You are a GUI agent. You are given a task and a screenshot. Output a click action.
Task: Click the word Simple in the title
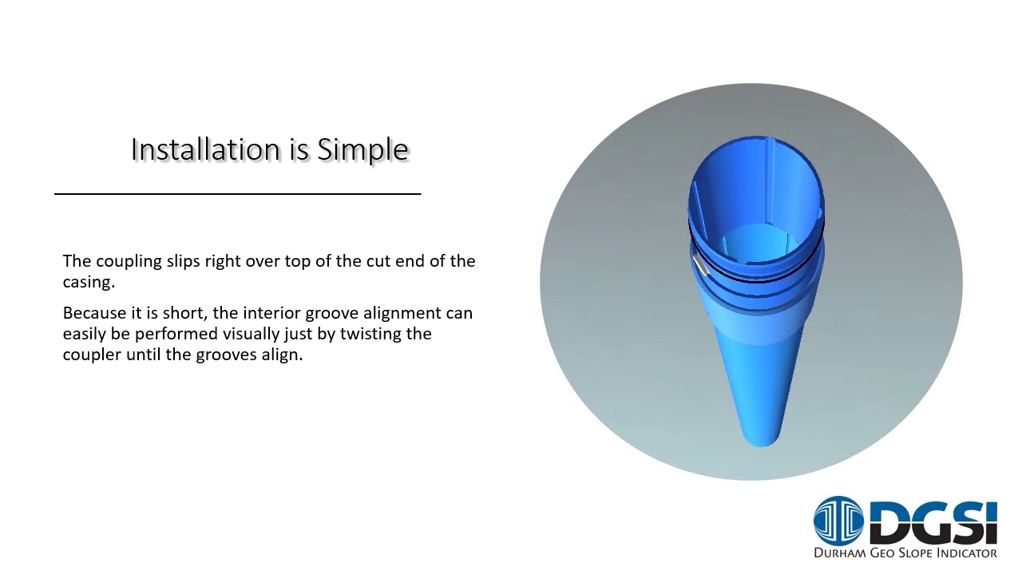363,149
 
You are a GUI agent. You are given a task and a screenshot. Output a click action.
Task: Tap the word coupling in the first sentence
129,261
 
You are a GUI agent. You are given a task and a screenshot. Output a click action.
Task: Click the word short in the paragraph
186,313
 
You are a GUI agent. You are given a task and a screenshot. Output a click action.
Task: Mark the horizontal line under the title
237,193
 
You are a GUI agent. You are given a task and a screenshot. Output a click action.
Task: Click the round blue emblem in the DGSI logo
838,521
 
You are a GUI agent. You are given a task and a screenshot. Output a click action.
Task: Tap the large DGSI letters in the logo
933,521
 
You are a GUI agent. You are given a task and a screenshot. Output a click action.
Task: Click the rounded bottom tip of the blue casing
761,438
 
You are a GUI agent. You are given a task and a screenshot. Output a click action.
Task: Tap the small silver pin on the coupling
700,265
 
